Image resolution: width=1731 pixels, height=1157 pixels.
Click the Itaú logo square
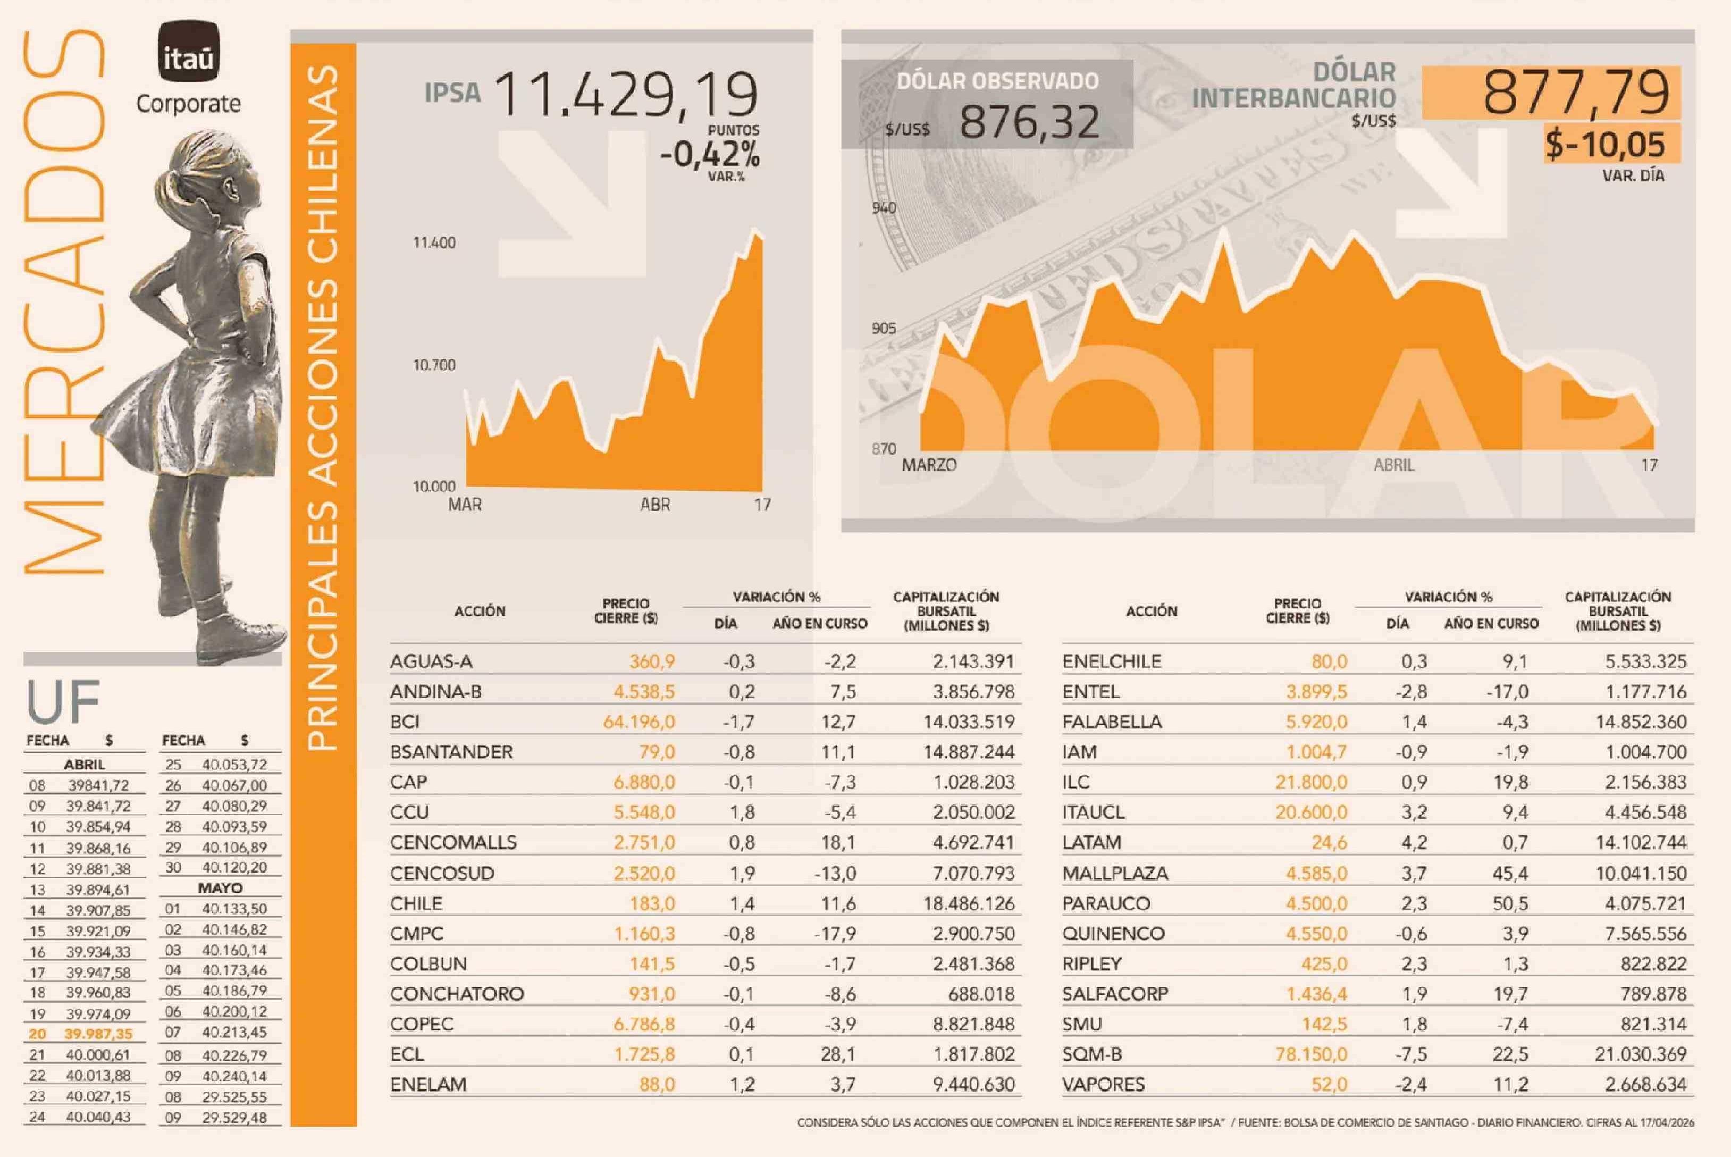(188, 51)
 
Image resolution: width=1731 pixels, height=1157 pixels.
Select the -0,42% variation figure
(710, 155)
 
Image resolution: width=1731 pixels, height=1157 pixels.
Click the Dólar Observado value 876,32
(1029, 122)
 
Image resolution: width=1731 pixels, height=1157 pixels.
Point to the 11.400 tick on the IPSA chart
(434, 243)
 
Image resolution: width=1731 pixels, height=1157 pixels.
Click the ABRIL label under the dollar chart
(1394, 466)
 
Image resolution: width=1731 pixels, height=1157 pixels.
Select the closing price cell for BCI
(639, 722)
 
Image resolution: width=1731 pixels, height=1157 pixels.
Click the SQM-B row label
(1092, 1054)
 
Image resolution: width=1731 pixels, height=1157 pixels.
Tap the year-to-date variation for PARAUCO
(1510, 904)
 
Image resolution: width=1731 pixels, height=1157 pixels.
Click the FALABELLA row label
(1112, 722)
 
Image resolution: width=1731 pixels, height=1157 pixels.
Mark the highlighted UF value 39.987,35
(98, 1034)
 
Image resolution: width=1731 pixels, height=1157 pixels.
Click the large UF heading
(63, 702)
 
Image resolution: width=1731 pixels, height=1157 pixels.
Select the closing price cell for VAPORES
(1328, 1085)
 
